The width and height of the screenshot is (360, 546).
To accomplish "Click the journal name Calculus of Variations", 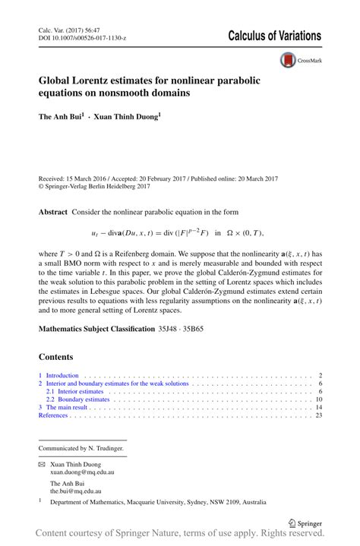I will [274, 36].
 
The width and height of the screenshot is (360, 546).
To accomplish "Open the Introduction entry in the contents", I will [62, 375].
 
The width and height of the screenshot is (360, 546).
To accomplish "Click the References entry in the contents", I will [53, 415].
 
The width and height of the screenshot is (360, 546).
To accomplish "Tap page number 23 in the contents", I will [319, 415].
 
